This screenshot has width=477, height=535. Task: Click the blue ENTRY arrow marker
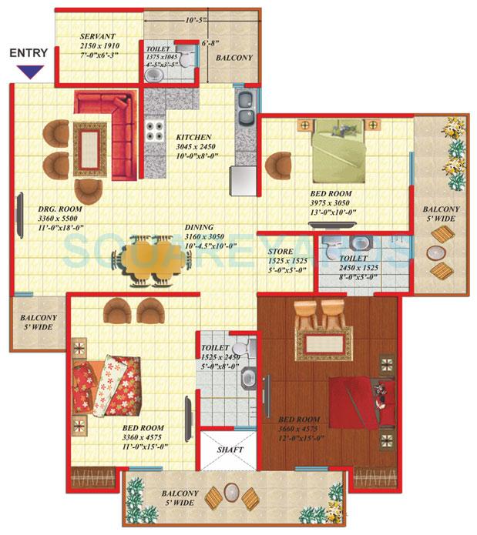(x=29, y=72)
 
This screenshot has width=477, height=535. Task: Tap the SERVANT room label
(x=97, y=37)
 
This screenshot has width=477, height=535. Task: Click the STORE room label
(x=282, y=252)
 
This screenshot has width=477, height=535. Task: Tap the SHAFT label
(x=230, y=450)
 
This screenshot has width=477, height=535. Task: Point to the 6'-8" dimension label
(x=212, y=44)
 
